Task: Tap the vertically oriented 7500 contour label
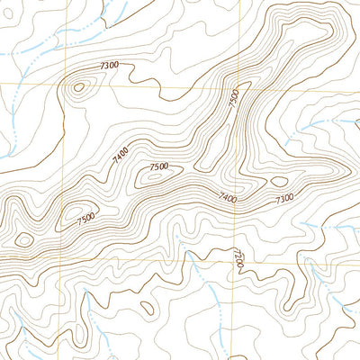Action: coord(234,99)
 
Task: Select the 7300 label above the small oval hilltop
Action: coord(110,66)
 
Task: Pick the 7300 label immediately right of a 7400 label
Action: coord(284,198)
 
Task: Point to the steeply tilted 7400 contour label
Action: coord(120,157)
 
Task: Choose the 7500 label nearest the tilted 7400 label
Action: coord(159,167)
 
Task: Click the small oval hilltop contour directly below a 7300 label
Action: coord(79,87)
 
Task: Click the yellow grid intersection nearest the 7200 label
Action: coord(234,264)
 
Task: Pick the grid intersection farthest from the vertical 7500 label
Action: coord(61,264)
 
